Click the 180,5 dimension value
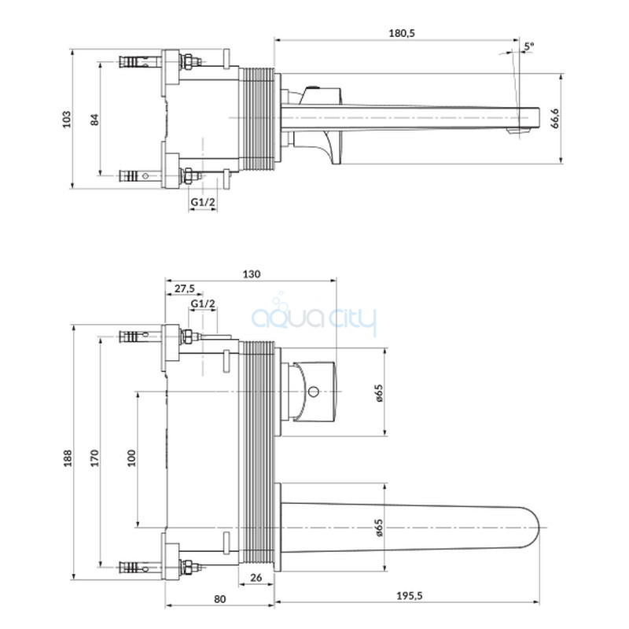coord(401,33)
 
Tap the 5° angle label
coord(529,46)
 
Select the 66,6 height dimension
coord(555,119)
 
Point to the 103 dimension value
coord(67,120)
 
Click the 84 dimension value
coord(94,120)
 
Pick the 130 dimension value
coord(251,274)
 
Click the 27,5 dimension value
coord(185,289)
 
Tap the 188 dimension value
coord(68,458)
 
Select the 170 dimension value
coord(94,458)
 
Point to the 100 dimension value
coord(131,458)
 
